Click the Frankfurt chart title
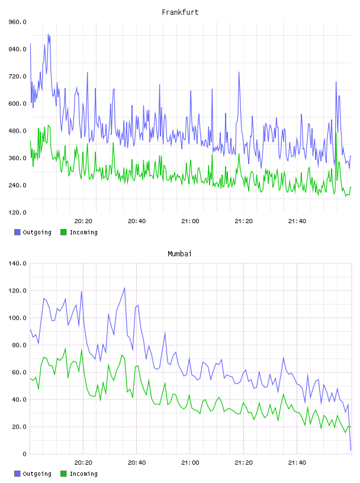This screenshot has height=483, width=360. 180,12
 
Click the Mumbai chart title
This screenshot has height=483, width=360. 179,254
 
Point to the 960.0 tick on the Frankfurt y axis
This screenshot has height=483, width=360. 18,22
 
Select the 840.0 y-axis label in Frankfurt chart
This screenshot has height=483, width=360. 18,49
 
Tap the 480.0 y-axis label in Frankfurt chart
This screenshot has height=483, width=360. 18,131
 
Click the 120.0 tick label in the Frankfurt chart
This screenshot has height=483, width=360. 18,212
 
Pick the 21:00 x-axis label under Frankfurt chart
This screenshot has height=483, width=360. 190,221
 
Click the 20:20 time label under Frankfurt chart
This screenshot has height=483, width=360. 83,221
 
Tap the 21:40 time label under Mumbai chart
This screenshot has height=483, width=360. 297,462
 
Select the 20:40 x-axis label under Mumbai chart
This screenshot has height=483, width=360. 137,462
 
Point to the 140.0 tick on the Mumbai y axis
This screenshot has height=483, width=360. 18,263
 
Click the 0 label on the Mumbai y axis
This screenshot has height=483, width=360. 24,454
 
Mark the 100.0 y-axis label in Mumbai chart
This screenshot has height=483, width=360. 18,318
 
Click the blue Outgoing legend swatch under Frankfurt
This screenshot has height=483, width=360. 17,232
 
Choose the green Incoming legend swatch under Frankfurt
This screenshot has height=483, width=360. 63,232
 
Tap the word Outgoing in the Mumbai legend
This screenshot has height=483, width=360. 37,474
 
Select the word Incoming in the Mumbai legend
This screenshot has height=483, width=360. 83,474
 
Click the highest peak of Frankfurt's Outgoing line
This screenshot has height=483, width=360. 48,34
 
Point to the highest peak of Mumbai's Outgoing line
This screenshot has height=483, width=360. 124,288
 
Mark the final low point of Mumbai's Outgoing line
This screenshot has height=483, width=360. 351,450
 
